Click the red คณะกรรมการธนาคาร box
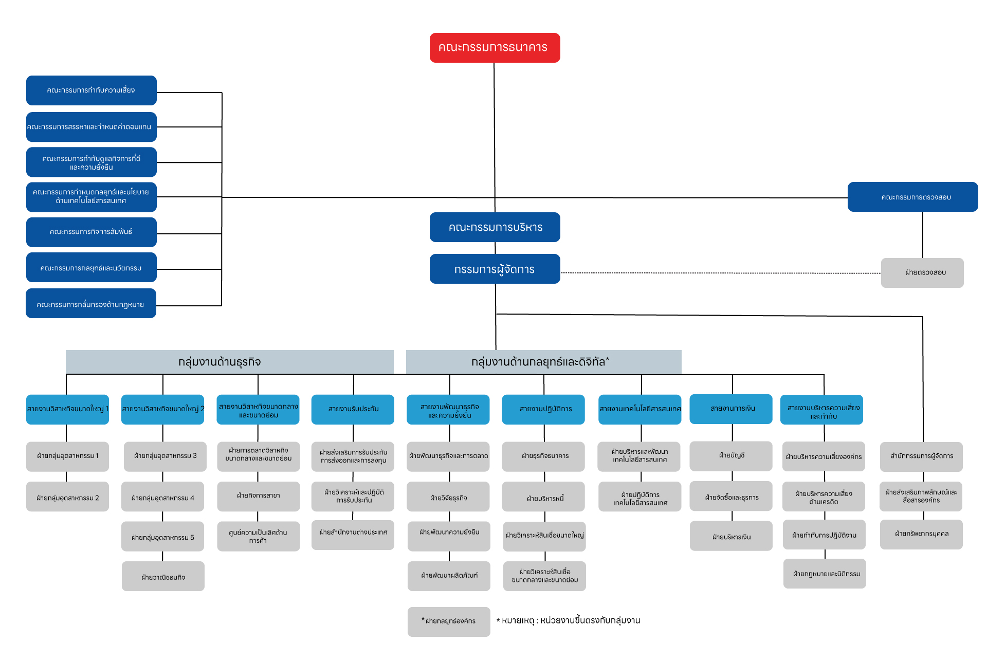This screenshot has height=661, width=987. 495,48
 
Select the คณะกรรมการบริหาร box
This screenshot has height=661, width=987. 495,227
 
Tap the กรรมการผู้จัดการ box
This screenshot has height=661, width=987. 495,269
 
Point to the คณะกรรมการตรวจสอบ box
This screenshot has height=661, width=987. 912,197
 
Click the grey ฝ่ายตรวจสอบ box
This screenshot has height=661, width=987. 922,273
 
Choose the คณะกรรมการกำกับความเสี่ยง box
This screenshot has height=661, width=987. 92,90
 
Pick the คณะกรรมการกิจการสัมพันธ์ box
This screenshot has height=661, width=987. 92,232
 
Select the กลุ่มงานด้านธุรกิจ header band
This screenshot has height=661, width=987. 230,362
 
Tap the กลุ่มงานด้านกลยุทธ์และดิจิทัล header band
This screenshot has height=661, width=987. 544,362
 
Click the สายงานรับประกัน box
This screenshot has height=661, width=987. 353,409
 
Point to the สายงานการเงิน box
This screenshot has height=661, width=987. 730,409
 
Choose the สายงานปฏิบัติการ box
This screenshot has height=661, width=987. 543,409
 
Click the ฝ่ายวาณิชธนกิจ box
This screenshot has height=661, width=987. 163,576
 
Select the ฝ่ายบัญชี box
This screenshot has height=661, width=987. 730,456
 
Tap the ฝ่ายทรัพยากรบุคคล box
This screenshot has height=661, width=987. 921,535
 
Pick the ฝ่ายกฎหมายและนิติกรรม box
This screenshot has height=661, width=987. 825,574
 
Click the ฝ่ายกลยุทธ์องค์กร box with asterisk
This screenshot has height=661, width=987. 449,622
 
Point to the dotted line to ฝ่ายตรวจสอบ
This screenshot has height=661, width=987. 721,273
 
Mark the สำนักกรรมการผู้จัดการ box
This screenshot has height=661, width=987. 921,456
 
